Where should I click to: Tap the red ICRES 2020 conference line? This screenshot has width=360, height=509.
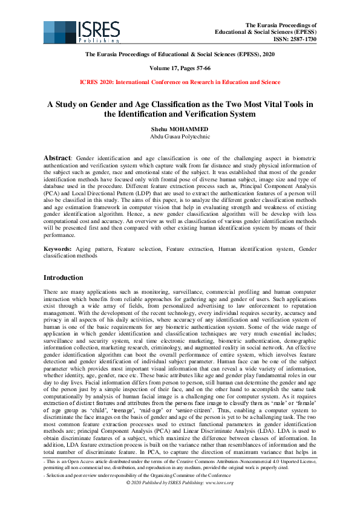click(x=180, y=82)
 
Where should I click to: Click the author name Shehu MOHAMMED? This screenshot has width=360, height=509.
click(x=180, y=129)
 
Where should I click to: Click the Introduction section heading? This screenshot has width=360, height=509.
click(x=64, y=277)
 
